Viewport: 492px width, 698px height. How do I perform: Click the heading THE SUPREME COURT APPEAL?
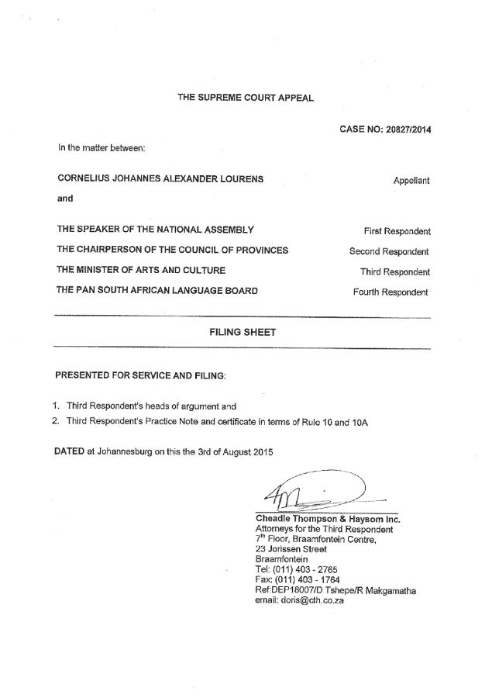coord(246,98)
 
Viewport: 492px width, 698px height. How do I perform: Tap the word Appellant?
coord(411,180)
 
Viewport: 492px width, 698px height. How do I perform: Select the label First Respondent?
coord(397,231)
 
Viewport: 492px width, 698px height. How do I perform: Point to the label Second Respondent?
coord(390,251)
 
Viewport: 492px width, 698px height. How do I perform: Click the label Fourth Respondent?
coord(391,292)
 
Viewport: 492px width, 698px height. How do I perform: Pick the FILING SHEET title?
coord(243,332)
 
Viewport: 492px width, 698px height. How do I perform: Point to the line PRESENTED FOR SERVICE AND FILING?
coord(141,375)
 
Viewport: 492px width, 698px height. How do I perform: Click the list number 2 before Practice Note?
coord(56,421)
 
